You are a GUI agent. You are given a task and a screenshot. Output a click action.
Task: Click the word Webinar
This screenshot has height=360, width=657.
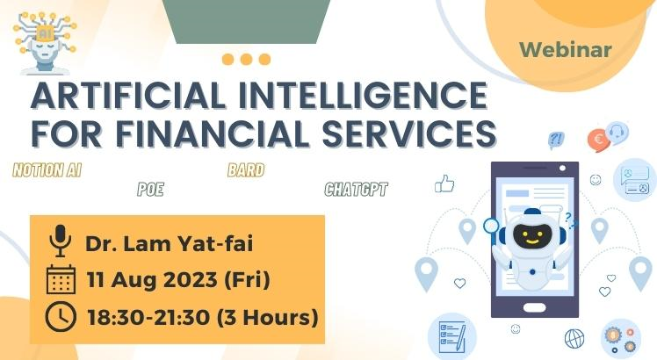point(566,50)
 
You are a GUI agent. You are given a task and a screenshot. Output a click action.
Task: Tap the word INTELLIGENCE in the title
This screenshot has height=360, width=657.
point(363,95)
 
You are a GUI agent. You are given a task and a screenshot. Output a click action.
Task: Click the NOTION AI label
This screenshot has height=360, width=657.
point(47,170)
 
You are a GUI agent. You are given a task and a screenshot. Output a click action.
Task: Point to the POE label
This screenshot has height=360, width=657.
point(151,190)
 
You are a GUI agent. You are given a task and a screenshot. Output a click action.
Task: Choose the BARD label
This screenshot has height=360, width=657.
point(246,170)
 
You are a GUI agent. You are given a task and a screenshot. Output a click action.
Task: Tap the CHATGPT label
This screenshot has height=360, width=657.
point(356,190)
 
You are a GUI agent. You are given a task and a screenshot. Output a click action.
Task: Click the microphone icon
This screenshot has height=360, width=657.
point(61,241)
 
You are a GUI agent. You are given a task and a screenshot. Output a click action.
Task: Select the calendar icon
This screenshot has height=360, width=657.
point(61,279)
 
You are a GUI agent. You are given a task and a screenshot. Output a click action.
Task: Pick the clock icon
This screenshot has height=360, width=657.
point(61,316)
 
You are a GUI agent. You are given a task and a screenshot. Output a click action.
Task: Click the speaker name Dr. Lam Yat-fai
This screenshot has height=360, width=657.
point(169,243)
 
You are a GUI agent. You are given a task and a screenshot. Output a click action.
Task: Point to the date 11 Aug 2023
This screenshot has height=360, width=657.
point(152,280)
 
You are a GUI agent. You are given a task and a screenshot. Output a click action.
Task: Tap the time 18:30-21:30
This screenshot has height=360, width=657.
point(148,317)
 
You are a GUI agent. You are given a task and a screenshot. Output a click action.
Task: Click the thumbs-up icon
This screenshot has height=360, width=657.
point(444,184)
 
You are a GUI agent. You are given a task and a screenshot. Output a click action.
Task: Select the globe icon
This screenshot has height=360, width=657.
point(574,339)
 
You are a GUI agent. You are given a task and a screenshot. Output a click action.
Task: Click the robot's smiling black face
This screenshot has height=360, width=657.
point(532,236)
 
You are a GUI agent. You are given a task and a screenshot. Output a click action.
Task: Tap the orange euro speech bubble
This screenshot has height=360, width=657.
point(598,140)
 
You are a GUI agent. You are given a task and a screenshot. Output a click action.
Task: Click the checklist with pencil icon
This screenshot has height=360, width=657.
point(452,337)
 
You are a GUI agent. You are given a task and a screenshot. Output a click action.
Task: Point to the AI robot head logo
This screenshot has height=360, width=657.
point(45,43)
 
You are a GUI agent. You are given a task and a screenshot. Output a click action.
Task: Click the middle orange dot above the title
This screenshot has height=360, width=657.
point(246,59)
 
